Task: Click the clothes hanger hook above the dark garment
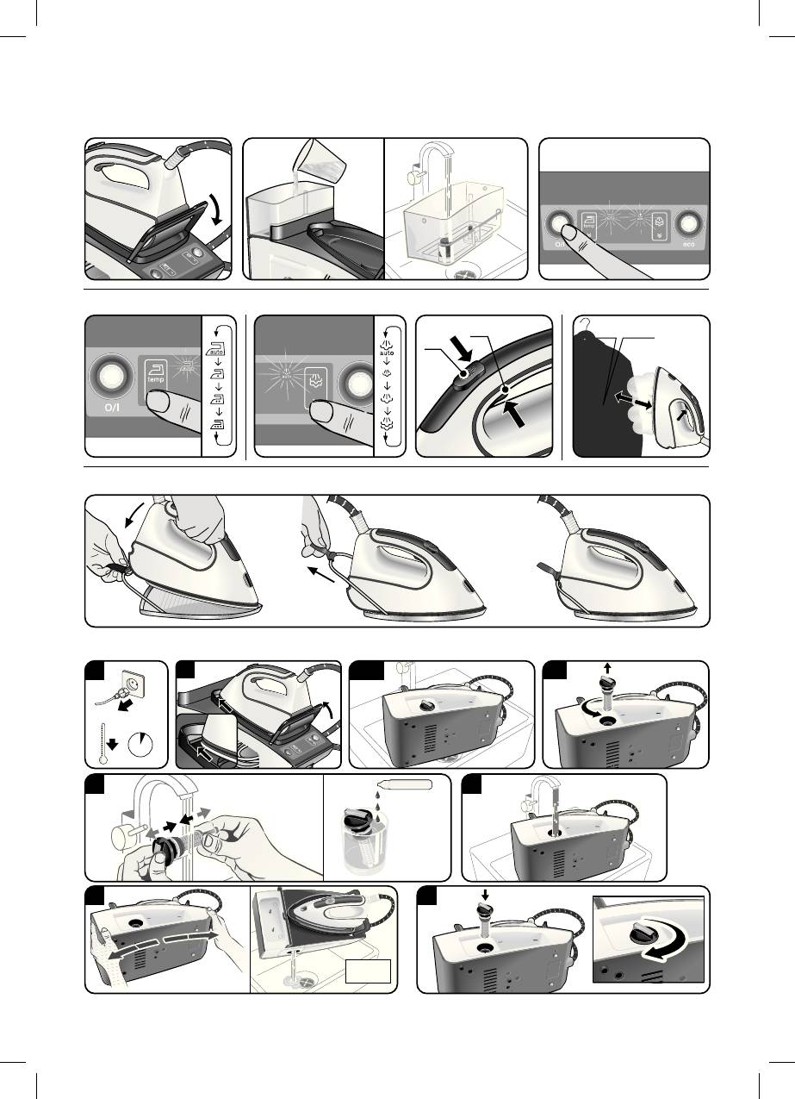tap(585, 324)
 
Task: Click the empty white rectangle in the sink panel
tap(368, 971)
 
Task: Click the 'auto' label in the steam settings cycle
tap(388, 353)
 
